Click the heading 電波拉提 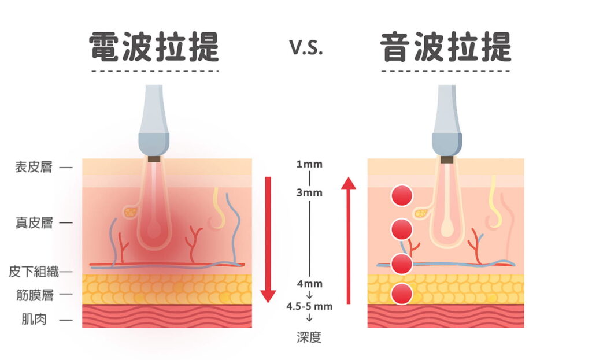coord(154,47)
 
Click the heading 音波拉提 coord(446,47)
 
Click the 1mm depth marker coord(309,164)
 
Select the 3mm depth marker coord(309,192)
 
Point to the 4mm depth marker coord(309,284)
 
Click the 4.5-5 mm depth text coord(309,306)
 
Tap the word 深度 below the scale coord(309,337)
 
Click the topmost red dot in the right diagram coord(401,196)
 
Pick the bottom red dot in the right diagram coord(401,294)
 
